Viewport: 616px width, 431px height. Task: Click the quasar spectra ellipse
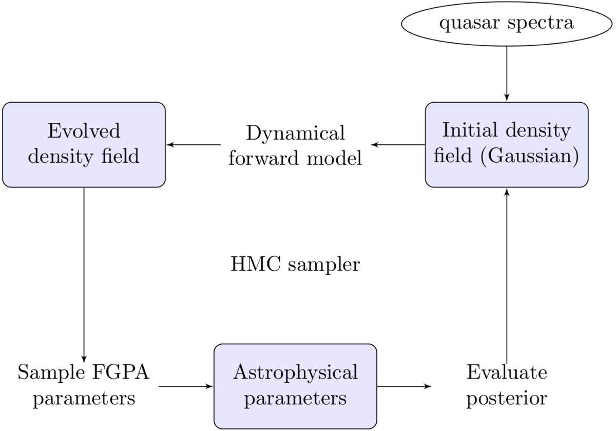coord(506,24)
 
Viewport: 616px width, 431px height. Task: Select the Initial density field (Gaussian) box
coord(506,144)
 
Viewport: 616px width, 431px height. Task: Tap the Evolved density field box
coord(84,144)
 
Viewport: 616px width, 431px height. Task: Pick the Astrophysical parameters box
coord(295,386)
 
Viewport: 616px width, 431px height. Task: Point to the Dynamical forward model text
coord(295,145)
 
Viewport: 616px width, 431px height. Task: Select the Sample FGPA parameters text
coord(84,386)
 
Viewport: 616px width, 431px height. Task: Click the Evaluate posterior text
coord(506,386)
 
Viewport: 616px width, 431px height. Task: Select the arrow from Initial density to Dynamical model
coord(398,145)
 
